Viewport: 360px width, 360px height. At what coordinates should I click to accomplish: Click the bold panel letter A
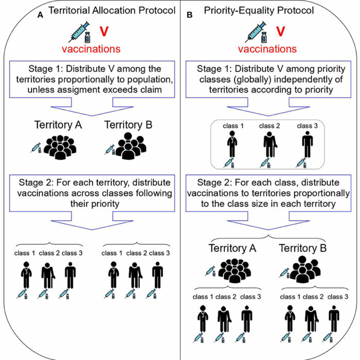pyautogui.click(x=40, y=15)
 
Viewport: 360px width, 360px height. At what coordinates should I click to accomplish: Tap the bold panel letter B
pyautogui.click(x=190, y=15)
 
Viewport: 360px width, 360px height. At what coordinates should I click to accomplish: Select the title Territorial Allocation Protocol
pyautogui.click(x=112, y=11)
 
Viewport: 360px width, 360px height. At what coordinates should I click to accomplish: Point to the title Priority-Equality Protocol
pyautogui.click(x=259, y=11)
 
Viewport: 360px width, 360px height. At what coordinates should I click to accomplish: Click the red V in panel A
pyautogui.click(x=104, y=31)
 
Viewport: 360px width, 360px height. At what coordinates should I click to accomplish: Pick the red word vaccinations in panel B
pyautogui.click(x=267, y=49)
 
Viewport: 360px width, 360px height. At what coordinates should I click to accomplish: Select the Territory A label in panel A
pyautogui.click(x=58, y=125)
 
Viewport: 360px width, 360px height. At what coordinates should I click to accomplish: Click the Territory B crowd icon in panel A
pyautogui.click(x=131, y=146)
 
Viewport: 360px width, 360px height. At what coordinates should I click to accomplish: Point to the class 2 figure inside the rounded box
pyautogui.click(x=270, y=144)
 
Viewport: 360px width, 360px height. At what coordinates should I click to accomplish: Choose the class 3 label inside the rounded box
pyautogui.click(x=307, y=126)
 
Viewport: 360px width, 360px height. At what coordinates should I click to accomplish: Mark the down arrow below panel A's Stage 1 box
pyautogui.click(x=92, y=107)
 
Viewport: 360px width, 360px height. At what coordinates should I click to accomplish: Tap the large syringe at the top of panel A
pyautogui.click(x=79, y=32)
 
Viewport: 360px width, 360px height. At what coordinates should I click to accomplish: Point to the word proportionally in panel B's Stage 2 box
pyautogui.click(x=321, y=193)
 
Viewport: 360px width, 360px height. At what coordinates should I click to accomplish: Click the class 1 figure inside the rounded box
pyautogui.click(x=232, y=144)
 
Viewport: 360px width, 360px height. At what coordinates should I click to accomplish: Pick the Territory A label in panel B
pyautogui.click(x=232, y=248)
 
